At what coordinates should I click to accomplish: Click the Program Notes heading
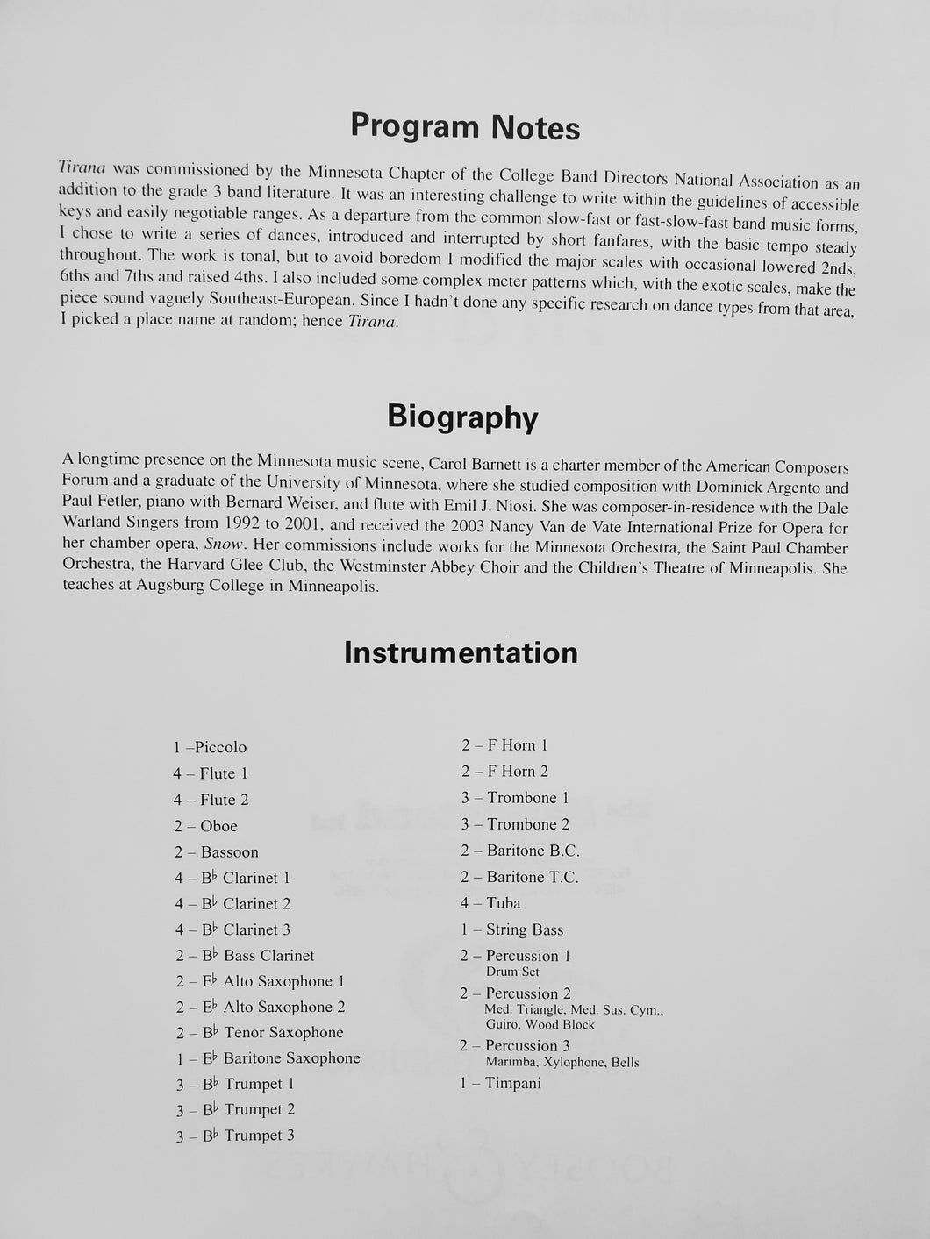point(465,128)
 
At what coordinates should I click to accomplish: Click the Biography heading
point(462,417)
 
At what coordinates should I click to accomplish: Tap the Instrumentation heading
point(461,653)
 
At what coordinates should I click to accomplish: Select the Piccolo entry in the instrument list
point(211,748)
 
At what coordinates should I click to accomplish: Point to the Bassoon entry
point(217,852)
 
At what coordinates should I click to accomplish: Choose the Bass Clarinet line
point(245,956)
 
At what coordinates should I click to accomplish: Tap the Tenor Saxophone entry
point(260,1033)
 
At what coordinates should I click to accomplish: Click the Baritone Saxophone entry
point(268,1058)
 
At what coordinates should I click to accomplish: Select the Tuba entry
point(490,903)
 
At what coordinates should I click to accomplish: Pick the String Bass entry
point(511,929)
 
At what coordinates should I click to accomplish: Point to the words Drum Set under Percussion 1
point(512,972)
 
